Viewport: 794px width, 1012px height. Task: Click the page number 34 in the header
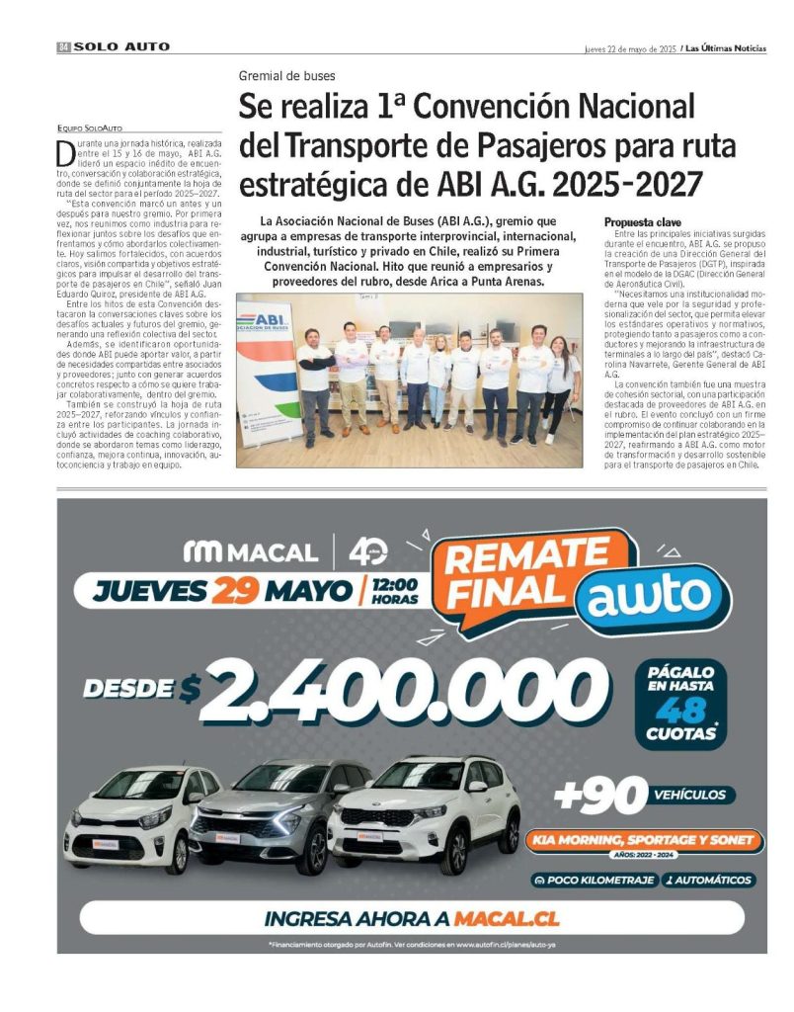pyautogui.click(x=63, y=46)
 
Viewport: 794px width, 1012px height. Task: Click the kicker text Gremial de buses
pyautogui.click(x=286, y=76)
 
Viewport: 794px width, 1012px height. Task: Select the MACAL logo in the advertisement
pyautogui.click(x=252, y=551)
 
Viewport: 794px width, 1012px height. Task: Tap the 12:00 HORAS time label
pyautogui.click(x=394, y=591)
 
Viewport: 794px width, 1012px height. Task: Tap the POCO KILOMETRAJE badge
pyautogui.click(x=594, y=880)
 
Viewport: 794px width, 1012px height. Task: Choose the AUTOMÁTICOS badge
pyautogui.click(x=708, y=880)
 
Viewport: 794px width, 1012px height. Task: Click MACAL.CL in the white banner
pyautogui.click(x=507, y=918)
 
